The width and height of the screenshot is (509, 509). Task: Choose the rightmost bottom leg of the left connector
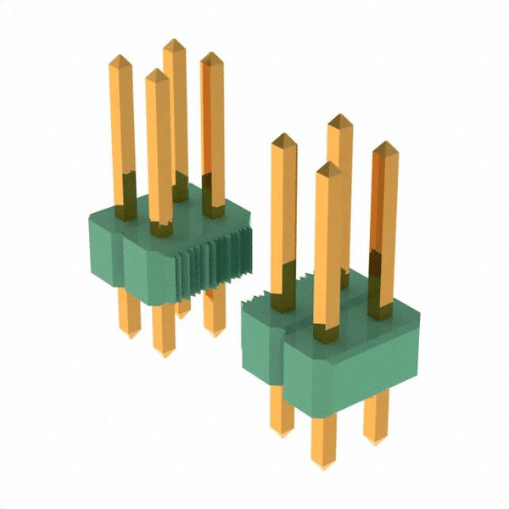tap(214, 314)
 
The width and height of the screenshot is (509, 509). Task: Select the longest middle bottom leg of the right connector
tap(323, 441)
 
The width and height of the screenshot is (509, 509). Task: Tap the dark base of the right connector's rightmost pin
tap(381, 305)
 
